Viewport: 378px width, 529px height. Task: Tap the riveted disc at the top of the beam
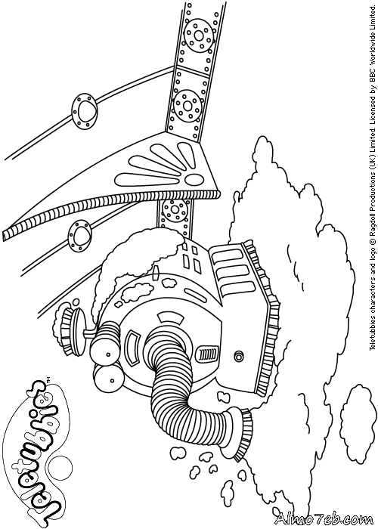(199, 36)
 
